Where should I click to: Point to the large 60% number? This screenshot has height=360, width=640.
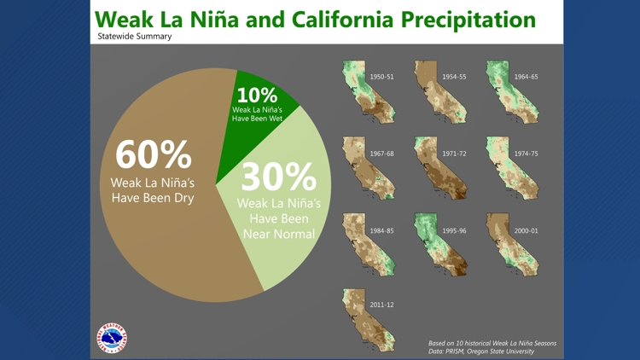tap(154, 154)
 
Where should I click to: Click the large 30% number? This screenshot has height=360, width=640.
tap(279, 176)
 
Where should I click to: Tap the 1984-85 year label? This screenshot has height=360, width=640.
tap(382, 230)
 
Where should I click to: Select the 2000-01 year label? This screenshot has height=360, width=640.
tap(526, 230)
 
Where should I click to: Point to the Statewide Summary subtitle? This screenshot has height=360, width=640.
tap(135, 37)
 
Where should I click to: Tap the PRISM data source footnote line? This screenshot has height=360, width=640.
tap(481, 351)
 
